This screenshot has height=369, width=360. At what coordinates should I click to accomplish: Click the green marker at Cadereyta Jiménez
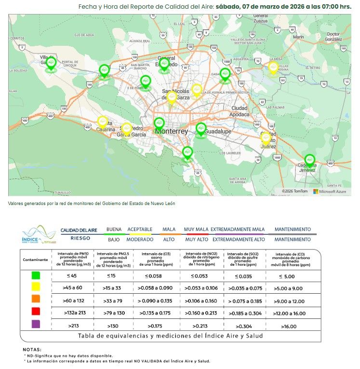(x=309, y=160)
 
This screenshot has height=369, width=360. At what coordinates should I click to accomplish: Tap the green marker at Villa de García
(x=51, y=63)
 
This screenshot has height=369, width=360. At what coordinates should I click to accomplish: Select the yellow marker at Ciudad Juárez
(x=266, y=138)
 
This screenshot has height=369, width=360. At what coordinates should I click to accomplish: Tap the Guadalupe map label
(x=218, y=131)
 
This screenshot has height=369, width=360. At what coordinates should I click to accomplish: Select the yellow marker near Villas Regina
(x=273, y=68)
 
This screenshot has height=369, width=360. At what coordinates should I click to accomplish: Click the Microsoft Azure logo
(x=330, y=191)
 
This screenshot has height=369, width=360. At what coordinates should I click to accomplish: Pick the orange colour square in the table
(x=35, y=300)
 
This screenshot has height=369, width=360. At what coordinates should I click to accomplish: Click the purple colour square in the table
(x=35, y=325)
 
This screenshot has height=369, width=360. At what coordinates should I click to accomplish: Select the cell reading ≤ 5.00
(x=287, y=276)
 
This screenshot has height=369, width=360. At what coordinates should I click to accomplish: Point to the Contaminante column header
(x=35, y=260)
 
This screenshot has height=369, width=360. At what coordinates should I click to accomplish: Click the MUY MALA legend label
(x=196, y=229)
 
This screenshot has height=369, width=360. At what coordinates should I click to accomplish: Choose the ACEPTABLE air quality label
(x=140, y=229)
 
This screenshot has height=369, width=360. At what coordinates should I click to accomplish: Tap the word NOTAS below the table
(x=32, y=349)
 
